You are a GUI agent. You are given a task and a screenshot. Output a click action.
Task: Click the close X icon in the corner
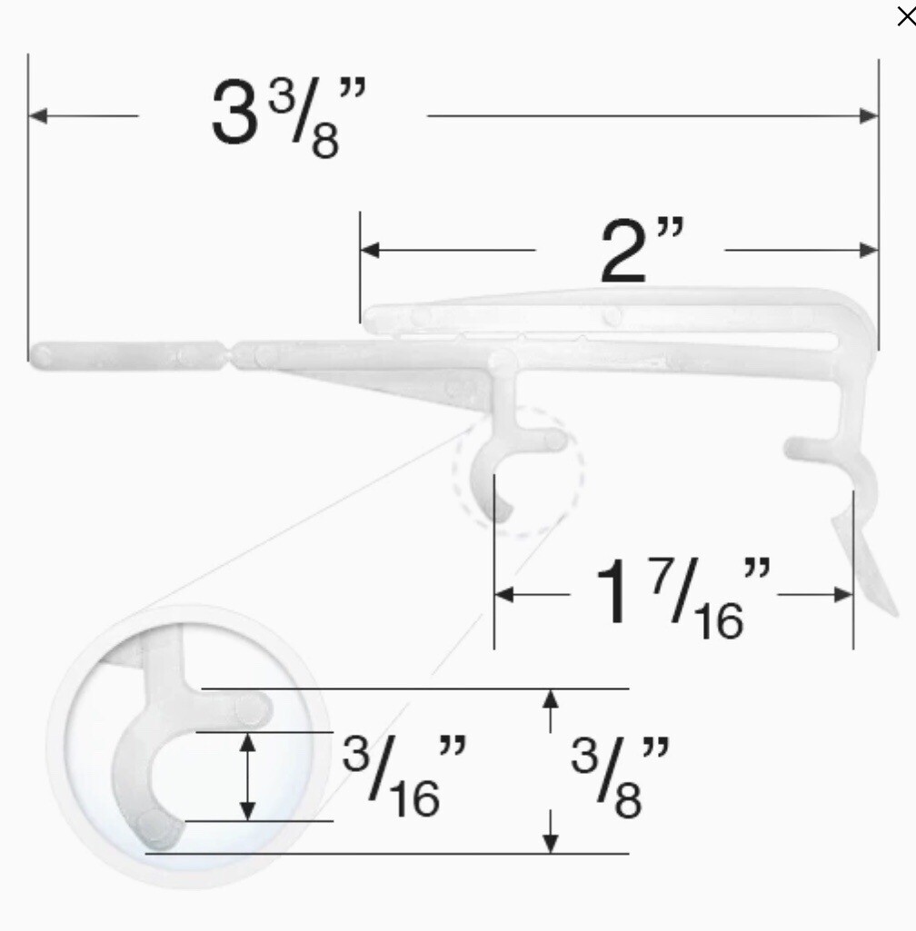(905, 16)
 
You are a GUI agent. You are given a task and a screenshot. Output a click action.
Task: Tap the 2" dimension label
(641, 250)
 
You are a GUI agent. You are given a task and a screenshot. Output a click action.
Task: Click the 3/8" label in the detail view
(621, 777)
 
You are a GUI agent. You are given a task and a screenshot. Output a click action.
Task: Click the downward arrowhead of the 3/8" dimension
(550, 844)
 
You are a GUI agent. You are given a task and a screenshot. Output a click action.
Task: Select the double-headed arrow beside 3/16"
(246, 777)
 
